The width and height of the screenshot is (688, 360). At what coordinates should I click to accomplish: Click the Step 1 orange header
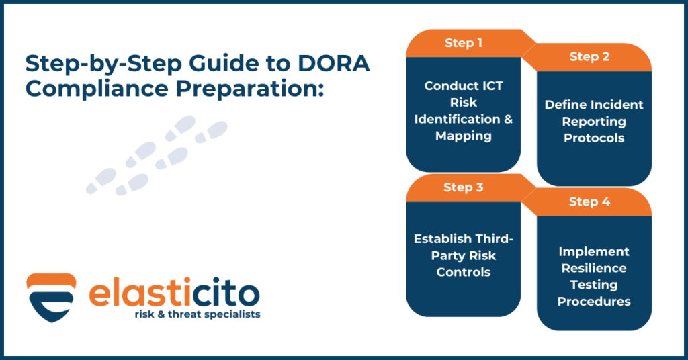[463, 43]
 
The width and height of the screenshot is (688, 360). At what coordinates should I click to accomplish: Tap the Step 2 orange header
[589, 57]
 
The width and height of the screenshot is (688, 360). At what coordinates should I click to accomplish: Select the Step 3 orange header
[463, 187]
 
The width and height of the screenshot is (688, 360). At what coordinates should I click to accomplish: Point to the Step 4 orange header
[589, 201]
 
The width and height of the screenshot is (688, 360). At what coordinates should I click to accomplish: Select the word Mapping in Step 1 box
[463, 136]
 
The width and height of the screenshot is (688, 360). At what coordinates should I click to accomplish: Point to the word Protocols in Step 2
[594, 138]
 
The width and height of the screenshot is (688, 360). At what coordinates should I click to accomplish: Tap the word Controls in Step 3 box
[463, 272]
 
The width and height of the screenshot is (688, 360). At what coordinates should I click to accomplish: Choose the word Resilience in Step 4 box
[594, 268]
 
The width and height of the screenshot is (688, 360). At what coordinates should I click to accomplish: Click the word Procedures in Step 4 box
[594, 301]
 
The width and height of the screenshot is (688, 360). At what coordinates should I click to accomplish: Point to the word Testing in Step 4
[594, 285]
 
